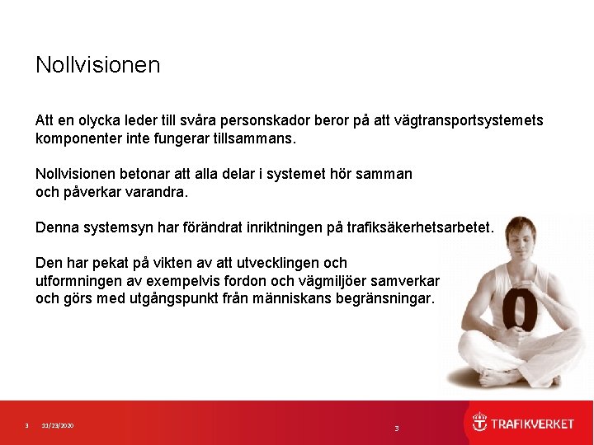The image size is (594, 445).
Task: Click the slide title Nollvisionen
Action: point(97,64)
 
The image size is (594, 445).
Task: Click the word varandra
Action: point(156,192)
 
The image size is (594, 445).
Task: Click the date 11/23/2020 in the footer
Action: point(58,425)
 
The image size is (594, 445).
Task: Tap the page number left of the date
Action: point(26,425)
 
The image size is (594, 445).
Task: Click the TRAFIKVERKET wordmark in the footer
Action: point(532,424)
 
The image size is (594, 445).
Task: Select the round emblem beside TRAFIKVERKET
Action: point(479,423)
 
